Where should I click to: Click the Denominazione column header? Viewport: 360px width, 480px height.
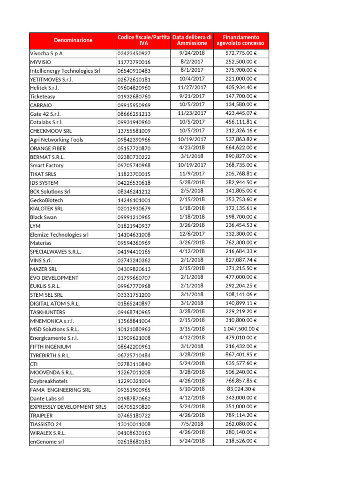point(73,40)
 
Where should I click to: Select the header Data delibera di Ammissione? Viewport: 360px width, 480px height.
point(192,40)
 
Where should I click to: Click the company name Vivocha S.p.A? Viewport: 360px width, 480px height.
point(47,53)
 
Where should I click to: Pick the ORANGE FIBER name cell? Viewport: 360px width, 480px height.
point(45,148)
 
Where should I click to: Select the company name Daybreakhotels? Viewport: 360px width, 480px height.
point(49,381)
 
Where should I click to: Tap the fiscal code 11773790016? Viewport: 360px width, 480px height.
point(134,62)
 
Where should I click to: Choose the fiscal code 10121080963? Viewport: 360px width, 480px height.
point(134,329)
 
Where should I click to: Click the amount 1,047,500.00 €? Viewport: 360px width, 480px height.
point(240,329)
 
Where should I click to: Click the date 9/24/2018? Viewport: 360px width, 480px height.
point(192,53)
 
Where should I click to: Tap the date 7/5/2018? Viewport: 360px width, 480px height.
point(192,424)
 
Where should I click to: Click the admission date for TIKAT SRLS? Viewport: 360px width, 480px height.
point(192,174)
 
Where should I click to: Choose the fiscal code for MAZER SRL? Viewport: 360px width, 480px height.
point(134,269)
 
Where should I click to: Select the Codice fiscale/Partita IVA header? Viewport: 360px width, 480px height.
point(143,40)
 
